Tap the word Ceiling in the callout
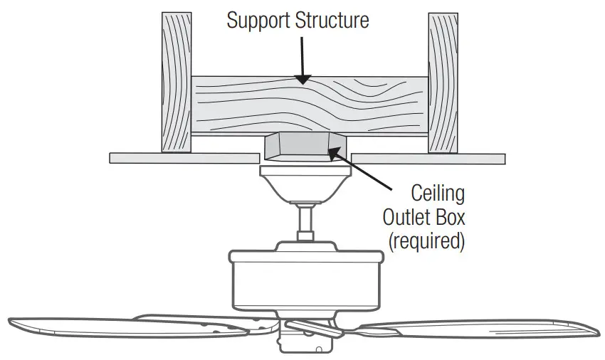(x=438, y=193)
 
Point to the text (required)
(x=426, y=240)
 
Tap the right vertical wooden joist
(x=441, y=82)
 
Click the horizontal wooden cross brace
(x=309, y=105)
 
